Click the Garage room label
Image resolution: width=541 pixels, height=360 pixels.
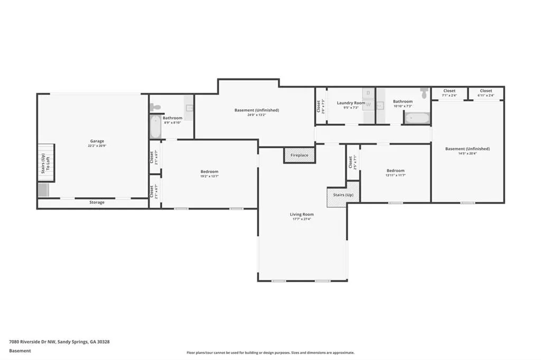[97, 141]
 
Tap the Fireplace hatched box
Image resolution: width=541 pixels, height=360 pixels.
[300, 156]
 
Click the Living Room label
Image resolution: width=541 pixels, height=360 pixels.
[302, 214]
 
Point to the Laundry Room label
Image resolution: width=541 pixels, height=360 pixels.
[351, 103]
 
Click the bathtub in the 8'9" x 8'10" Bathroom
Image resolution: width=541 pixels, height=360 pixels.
[155, 127]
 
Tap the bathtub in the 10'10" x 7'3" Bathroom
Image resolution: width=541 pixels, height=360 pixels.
[417, 117]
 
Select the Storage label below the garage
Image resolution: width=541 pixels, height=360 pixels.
[97, 202]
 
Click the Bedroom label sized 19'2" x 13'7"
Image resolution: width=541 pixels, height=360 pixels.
[209, 172]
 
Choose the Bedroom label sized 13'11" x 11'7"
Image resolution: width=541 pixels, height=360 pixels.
[395, 170]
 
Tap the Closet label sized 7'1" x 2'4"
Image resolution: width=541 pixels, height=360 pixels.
[449, 91]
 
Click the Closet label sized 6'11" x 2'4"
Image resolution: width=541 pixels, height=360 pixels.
[486, 91]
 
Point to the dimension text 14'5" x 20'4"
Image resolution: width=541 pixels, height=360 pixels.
[468, 153]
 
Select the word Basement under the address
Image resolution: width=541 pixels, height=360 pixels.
[20, 350]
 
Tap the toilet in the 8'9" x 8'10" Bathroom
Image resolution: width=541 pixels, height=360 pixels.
[155, 107]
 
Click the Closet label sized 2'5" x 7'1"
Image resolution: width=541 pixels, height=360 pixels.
[351, 163]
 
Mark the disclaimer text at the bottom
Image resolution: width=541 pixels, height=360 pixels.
[270, 353]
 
